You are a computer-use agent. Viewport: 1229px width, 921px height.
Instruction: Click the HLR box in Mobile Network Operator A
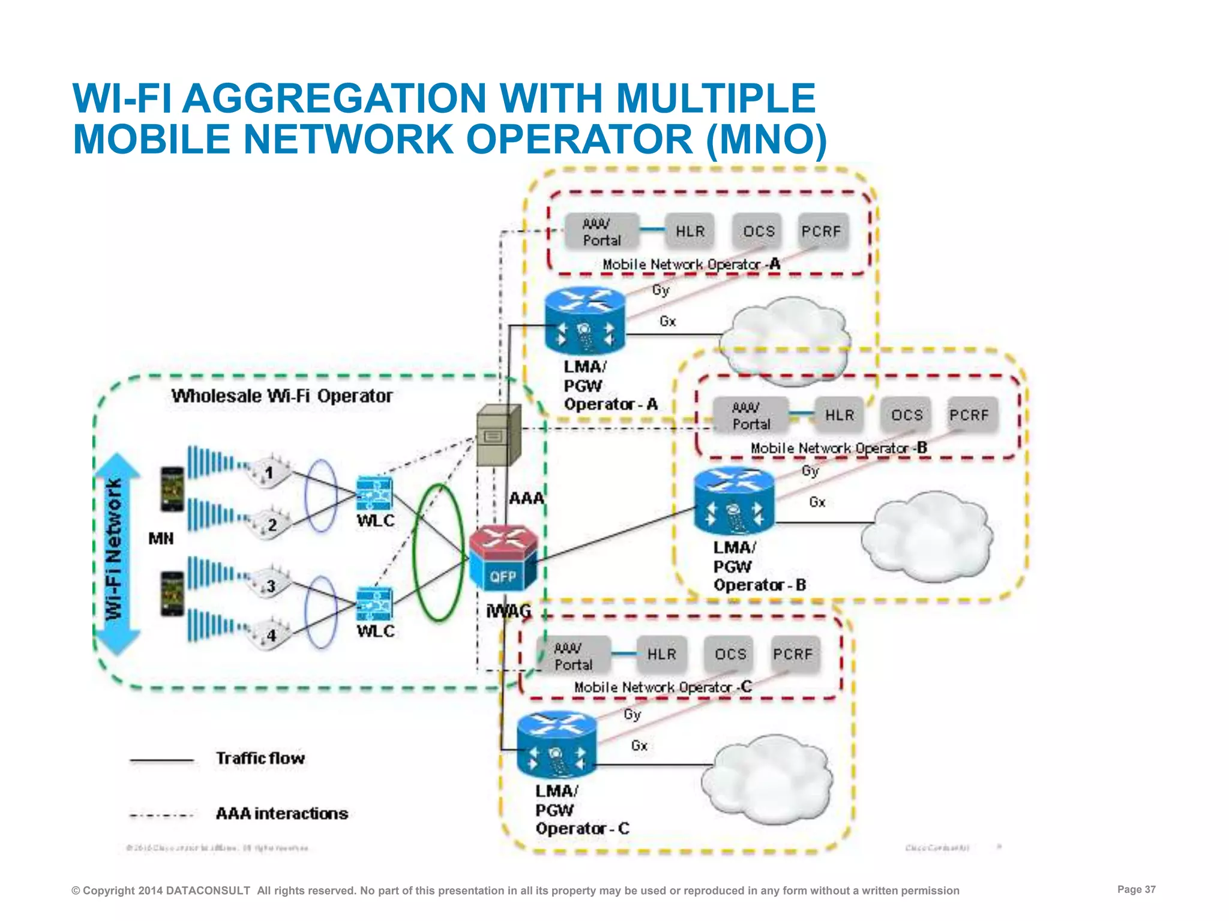pos(690,231)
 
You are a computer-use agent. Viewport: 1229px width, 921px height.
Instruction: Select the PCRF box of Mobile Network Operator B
pos(969,415)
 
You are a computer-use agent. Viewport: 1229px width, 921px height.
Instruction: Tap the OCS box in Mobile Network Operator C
pos(730,654)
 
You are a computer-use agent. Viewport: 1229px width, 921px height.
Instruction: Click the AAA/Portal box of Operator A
pos(601,232)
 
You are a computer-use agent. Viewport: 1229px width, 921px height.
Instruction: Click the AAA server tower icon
pos(497,435)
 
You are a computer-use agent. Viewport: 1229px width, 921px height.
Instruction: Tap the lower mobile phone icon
pos(172,594)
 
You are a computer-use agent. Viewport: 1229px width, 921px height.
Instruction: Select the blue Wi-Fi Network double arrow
pos(116,553)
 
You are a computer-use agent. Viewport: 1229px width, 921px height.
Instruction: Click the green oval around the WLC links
pos(439,552)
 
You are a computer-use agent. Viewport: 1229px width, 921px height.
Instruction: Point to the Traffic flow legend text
pos(260,759)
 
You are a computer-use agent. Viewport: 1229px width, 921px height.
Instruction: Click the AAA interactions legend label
pos(282,814)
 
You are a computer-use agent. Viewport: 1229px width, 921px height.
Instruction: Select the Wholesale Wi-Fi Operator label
pos(281,396)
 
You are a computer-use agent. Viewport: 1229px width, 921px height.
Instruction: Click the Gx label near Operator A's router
pos(667,321)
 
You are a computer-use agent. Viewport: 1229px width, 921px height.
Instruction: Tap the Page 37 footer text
pos(1136,889)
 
